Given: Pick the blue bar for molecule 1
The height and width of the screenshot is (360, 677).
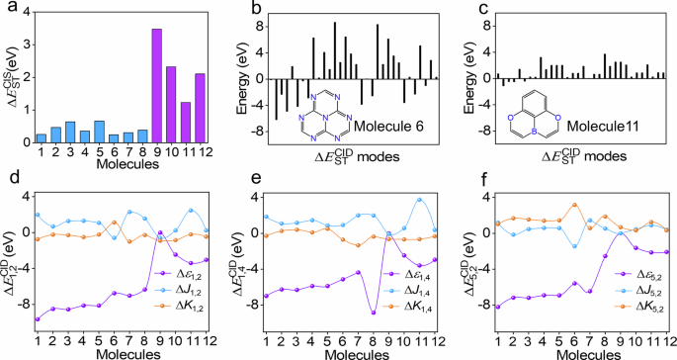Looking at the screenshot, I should tap(41, 137).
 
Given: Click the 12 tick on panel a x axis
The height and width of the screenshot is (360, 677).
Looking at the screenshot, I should tap(202, 152).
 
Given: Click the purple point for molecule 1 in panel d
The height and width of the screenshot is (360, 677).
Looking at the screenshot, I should tap(38, 318).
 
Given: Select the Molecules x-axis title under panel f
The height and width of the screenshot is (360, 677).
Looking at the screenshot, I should tap(570, 352).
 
